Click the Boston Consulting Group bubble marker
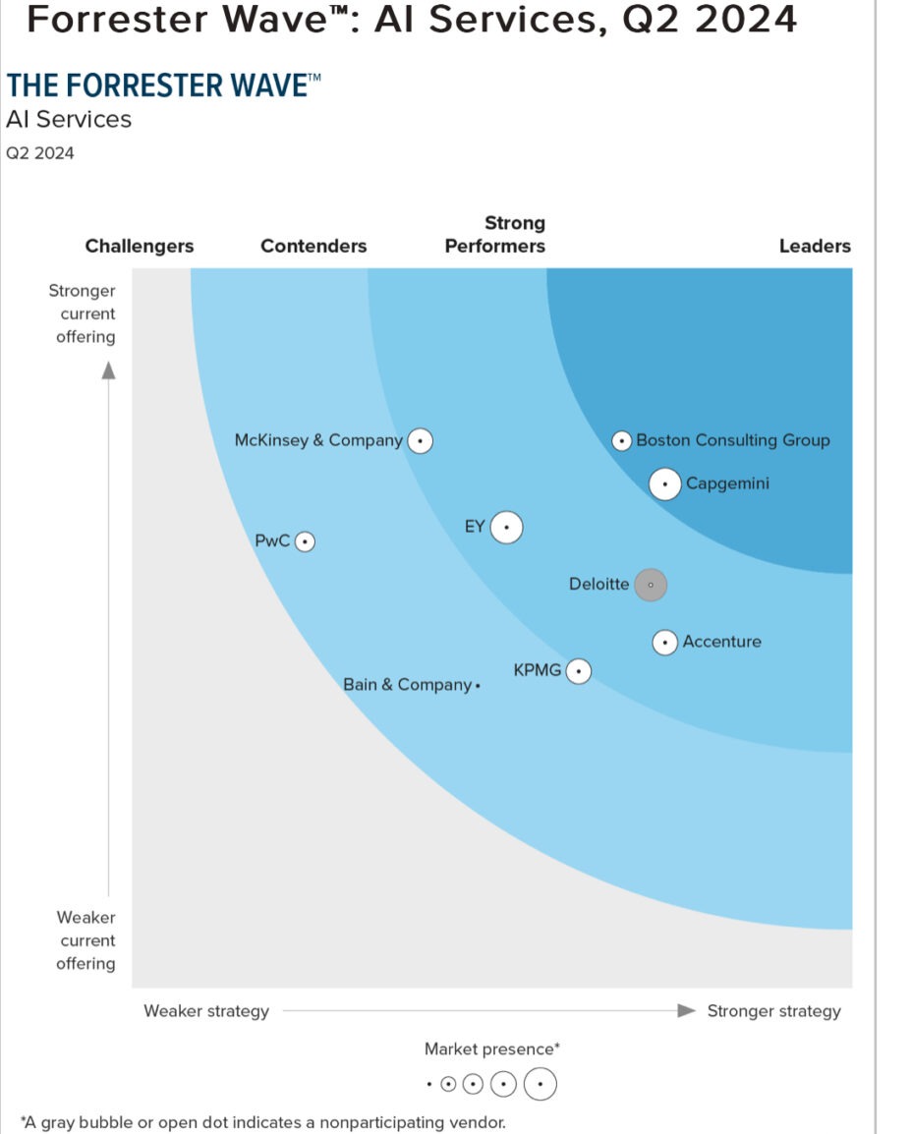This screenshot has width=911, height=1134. pos(621,441)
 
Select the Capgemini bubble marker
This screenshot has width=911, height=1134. pos(665,484)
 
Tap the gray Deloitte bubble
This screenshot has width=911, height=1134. pos(651,585)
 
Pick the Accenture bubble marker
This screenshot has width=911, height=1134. pos(665,643)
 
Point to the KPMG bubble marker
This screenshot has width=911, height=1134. pos(579,672)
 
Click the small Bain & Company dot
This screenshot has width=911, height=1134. pos(478,686)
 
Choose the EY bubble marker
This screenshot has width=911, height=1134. pos(506,528)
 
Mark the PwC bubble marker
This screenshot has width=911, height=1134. pos(306,541)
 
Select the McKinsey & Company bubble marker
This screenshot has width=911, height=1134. pos(421,441)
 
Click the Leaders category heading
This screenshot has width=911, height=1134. pos(815,247)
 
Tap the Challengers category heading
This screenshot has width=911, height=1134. pos(140,247)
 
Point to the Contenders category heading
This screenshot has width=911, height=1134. pos(313,247)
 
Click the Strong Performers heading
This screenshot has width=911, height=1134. pos(495,235)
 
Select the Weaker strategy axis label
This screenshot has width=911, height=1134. pos(206,1011)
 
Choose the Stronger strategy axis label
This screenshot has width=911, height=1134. pos(773,1011)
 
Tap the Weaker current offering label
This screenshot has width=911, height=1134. pos(85,940)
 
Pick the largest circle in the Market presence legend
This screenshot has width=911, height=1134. pos(541,1085)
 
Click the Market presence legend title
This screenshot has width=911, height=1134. pos(492,1049)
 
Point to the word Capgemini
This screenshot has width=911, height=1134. pos(727,484)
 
